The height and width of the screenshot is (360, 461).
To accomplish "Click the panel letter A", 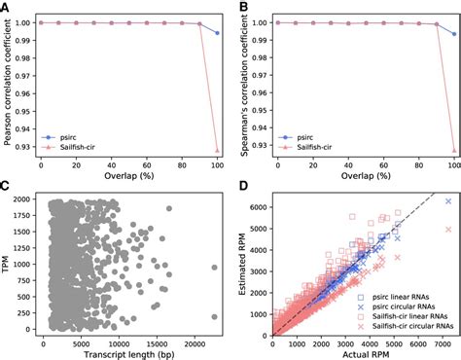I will (x=7, y=8).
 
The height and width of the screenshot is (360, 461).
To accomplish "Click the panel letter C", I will (x=7, y=187).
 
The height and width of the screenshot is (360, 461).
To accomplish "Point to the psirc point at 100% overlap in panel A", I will (x=216, y=33).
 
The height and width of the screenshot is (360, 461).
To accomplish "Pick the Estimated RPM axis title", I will (x=244, y=263).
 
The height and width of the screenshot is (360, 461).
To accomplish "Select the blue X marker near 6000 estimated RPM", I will (x=447, y=200).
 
